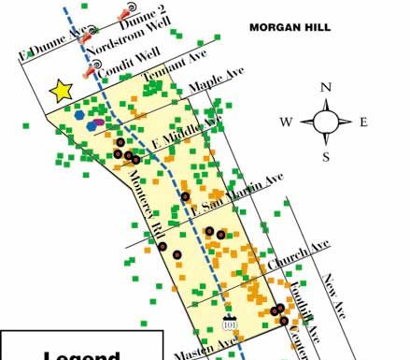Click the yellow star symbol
pos(61,90)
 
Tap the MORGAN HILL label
pos(290,28)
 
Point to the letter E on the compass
pos(363,122)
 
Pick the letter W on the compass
pos(288,122)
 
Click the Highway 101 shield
pos(230,323)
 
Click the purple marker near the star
pos(98,122)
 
